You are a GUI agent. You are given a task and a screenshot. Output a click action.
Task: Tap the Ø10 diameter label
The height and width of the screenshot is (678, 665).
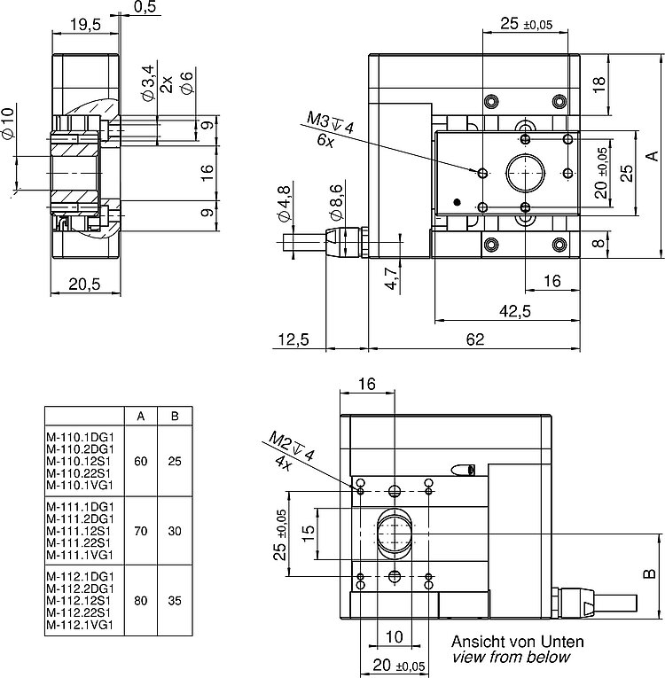9,122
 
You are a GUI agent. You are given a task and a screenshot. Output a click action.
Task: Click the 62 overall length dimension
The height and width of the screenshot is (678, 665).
474,339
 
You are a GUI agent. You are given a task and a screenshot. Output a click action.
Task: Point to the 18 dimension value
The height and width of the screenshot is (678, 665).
598,84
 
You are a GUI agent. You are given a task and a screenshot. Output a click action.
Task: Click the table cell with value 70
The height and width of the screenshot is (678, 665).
141,531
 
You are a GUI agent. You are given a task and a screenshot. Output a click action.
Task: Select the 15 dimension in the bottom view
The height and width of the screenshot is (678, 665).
308,534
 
